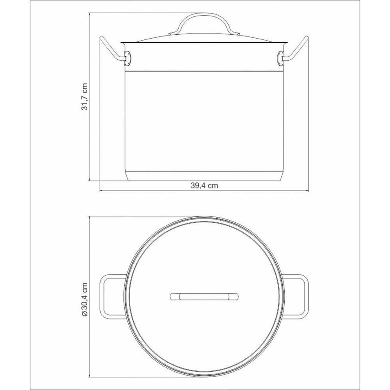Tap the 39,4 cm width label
click(x=204, y=186)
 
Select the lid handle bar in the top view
click(x=204, y=296)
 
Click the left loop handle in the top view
click(x=113, y=296)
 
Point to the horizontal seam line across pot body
click(x=204, y=71)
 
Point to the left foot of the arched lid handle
click(x=173, y=35)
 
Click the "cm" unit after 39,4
click(x=212, y=186)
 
